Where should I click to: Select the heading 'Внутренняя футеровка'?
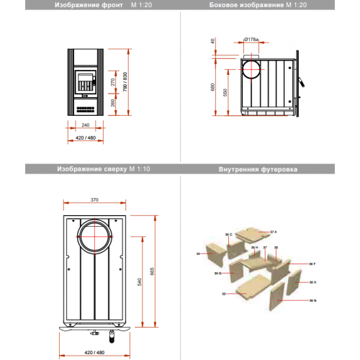(258, 170)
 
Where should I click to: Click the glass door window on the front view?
(85, 79)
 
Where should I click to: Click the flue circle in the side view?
(252, 71)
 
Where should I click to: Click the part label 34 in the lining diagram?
(197, 253)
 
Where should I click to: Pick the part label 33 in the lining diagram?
(224, 294)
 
